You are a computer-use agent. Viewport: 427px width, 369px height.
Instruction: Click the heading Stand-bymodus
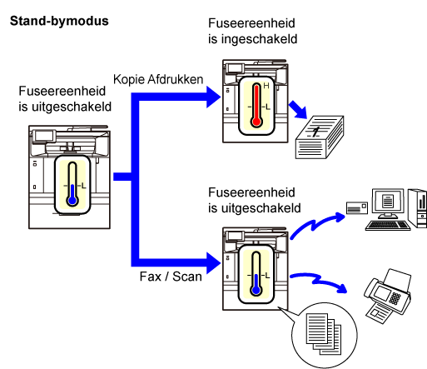click(59, 21)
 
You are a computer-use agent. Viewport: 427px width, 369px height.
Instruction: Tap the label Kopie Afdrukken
click(158, 79)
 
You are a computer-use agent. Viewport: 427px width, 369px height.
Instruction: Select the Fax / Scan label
click(171, 277)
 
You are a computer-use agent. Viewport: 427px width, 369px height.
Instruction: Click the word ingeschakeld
click(259, 39)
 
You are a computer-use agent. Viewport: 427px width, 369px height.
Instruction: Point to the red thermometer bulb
click(256, 122)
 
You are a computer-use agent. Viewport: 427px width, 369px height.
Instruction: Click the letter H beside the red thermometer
click(266, 86)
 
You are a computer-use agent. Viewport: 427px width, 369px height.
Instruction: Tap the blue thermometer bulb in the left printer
click(72, 200)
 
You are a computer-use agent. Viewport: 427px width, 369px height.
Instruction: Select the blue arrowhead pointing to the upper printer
click(214, 97)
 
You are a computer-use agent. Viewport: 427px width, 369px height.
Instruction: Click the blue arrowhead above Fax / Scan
click(214, 262)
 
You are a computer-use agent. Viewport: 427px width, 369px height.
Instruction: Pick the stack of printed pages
click(320, 137)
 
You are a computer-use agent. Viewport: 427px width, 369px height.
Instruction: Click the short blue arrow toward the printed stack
click(298, 110)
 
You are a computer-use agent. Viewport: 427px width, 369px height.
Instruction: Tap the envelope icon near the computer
click(357, 207)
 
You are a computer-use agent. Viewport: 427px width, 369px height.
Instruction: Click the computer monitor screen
click(388, 200)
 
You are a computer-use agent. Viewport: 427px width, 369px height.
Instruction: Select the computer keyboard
click(388, 225)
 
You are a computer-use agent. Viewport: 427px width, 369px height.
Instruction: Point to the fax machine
click(388, 296)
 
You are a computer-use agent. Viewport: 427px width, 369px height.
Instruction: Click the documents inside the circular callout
click(324, 334)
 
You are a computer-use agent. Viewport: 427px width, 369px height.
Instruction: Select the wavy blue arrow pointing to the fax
click(319, 281)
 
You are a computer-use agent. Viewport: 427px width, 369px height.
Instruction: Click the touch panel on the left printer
click(43, 136)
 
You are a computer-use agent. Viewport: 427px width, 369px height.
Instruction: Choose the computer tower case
click(418, 208)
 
